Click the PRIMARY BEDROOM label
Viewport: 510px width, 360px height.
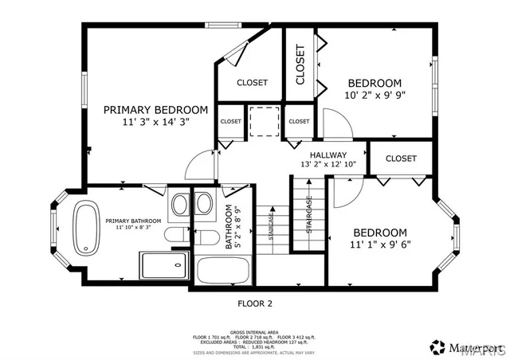pyautogui.click(x=155, y=110)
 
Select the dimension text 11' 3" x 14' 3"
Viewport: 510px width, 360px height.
pyautogui.click(x=155, y=123)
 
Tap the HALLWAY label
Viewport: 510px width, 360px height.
pyautogui.click(x=328, y=155)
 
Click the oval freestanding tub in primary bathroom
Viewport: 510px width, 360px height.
pyautogui.click(x=84, y=229)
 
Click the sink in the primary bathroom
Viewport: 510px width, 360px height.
pyautogui.click(x=180, y=204)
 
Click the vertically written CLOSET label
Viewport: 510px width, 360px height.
pyautogui.click(x=300, y=65)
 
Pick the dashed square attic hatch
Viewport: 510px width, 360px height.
pyautogui.click(x=262, y=121)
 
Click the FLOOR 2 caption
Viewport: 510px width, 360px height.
pyautogui.click(x=255, y=303)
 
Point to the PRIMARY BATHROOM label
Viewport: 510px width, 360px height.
pyautogui.click(x=133, y=221)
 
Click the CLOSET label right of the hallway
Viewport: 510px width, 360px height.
pyautogui.click(x=401, y=158)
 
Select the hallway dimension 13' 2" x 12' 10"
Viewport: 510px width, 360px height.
pyautogui.click(x=328, y=165)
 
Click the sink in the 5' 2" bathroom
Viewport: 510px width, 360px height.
pyautogui.click(x=204, y=204)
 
